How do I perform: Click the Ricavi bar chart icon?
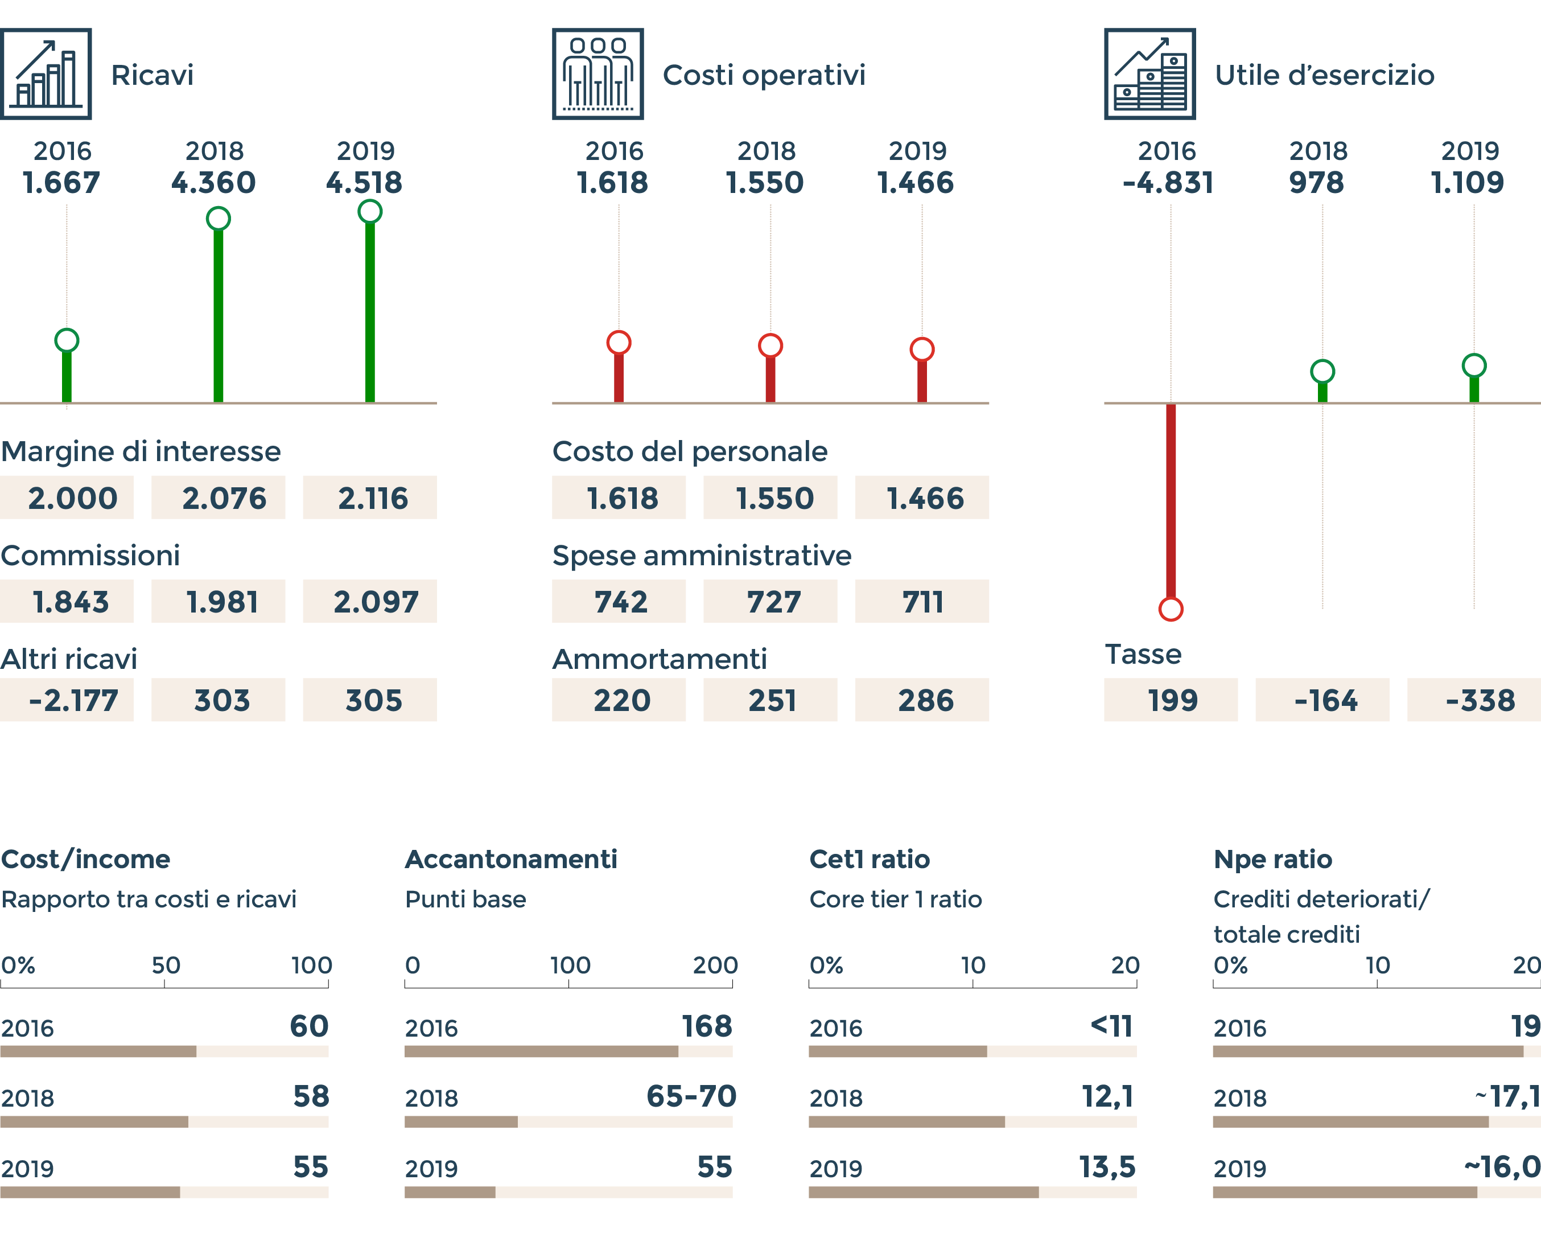pos(46,73)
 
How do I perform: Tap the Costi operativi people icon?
pos(598,73)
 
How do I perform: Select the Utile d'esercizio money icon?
pos(1149,73)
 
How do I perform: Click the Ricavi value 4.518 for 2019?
pos(365,183)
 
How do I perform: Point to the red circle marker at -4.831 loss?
pos(1171,609)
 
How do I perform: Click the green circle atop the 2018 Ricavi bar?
pos(218,219)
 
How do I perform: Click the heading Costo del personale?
pos(690,452)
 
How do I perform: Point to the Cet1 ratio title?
pos(869,860)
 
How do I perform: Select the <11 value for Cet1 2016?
pos(1111,1026)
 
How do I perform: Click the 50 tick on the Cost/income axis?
pos(165,966)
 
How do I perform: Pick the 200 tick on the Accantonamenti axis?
pos(715,966)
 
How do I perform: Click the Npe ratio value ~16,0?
pos(1502,1167)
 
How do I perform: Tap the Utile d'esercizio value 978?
pos(1317,183)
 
